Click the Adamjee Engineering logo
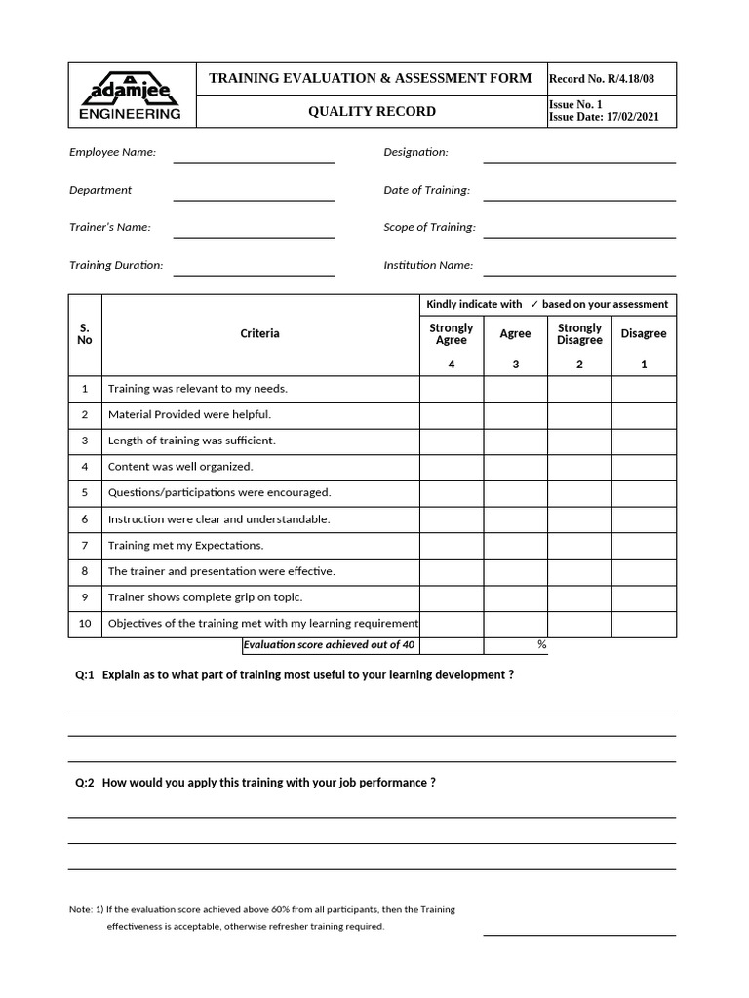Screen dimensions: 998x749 pyautogui.click(x=130, y=96)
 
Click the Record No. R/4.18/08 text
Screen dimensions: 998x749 pyautogui.click(x=611, y=79)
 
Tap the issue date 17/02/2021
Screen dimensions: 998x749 pyautogui.click(x=631, y=117)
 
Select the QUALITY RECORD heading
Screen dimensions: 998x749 pyautogui.click(x=372, y=111)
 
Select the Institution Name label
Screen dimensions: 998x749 pyautogui.click(x=428, y=265)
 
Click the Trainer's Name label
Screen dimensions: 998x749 pyautogui.click(x=109, y=227)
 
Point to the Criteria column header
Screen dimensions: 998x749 pyautogui.click(x=259, y=334)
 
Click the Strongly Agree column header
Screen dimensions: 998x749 pyautogui.click(x=451, y=334)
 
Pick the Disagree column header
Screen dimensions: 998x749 pyautogui.click(x=644, y=334)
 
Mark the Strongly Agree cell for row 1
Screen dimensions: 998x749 pyautogui.click(x=451, y=389)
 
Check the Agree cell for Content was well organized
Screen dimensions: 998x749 pyautogui.click(x=515, y=467)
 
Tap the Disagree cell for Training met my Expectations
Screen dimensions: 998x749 pyautogui.click(x=644, y=546)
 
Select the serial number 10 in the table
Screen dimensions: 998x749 pyautogui.click(x=85, y=624)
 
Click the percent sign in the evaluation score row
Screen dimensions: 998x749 pyautogui.click(x=541, y=645)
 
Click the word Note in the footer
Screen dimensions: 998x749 pyautogui.click(x=80, y=909)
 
